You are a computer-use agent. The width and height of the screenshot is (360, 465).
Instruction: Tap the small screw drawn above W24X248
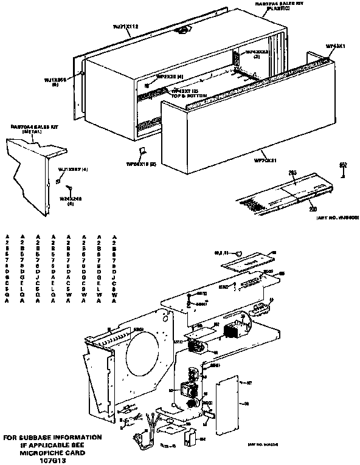57,181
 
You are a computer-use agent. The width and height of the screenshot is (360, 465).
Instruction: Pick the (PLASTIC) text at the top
283,9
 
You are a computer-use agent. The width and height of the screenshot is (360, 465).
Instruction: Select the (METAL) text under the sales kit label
31,131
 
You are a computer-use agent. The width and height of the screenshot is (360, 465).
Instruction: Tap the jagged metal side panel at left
30,176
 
